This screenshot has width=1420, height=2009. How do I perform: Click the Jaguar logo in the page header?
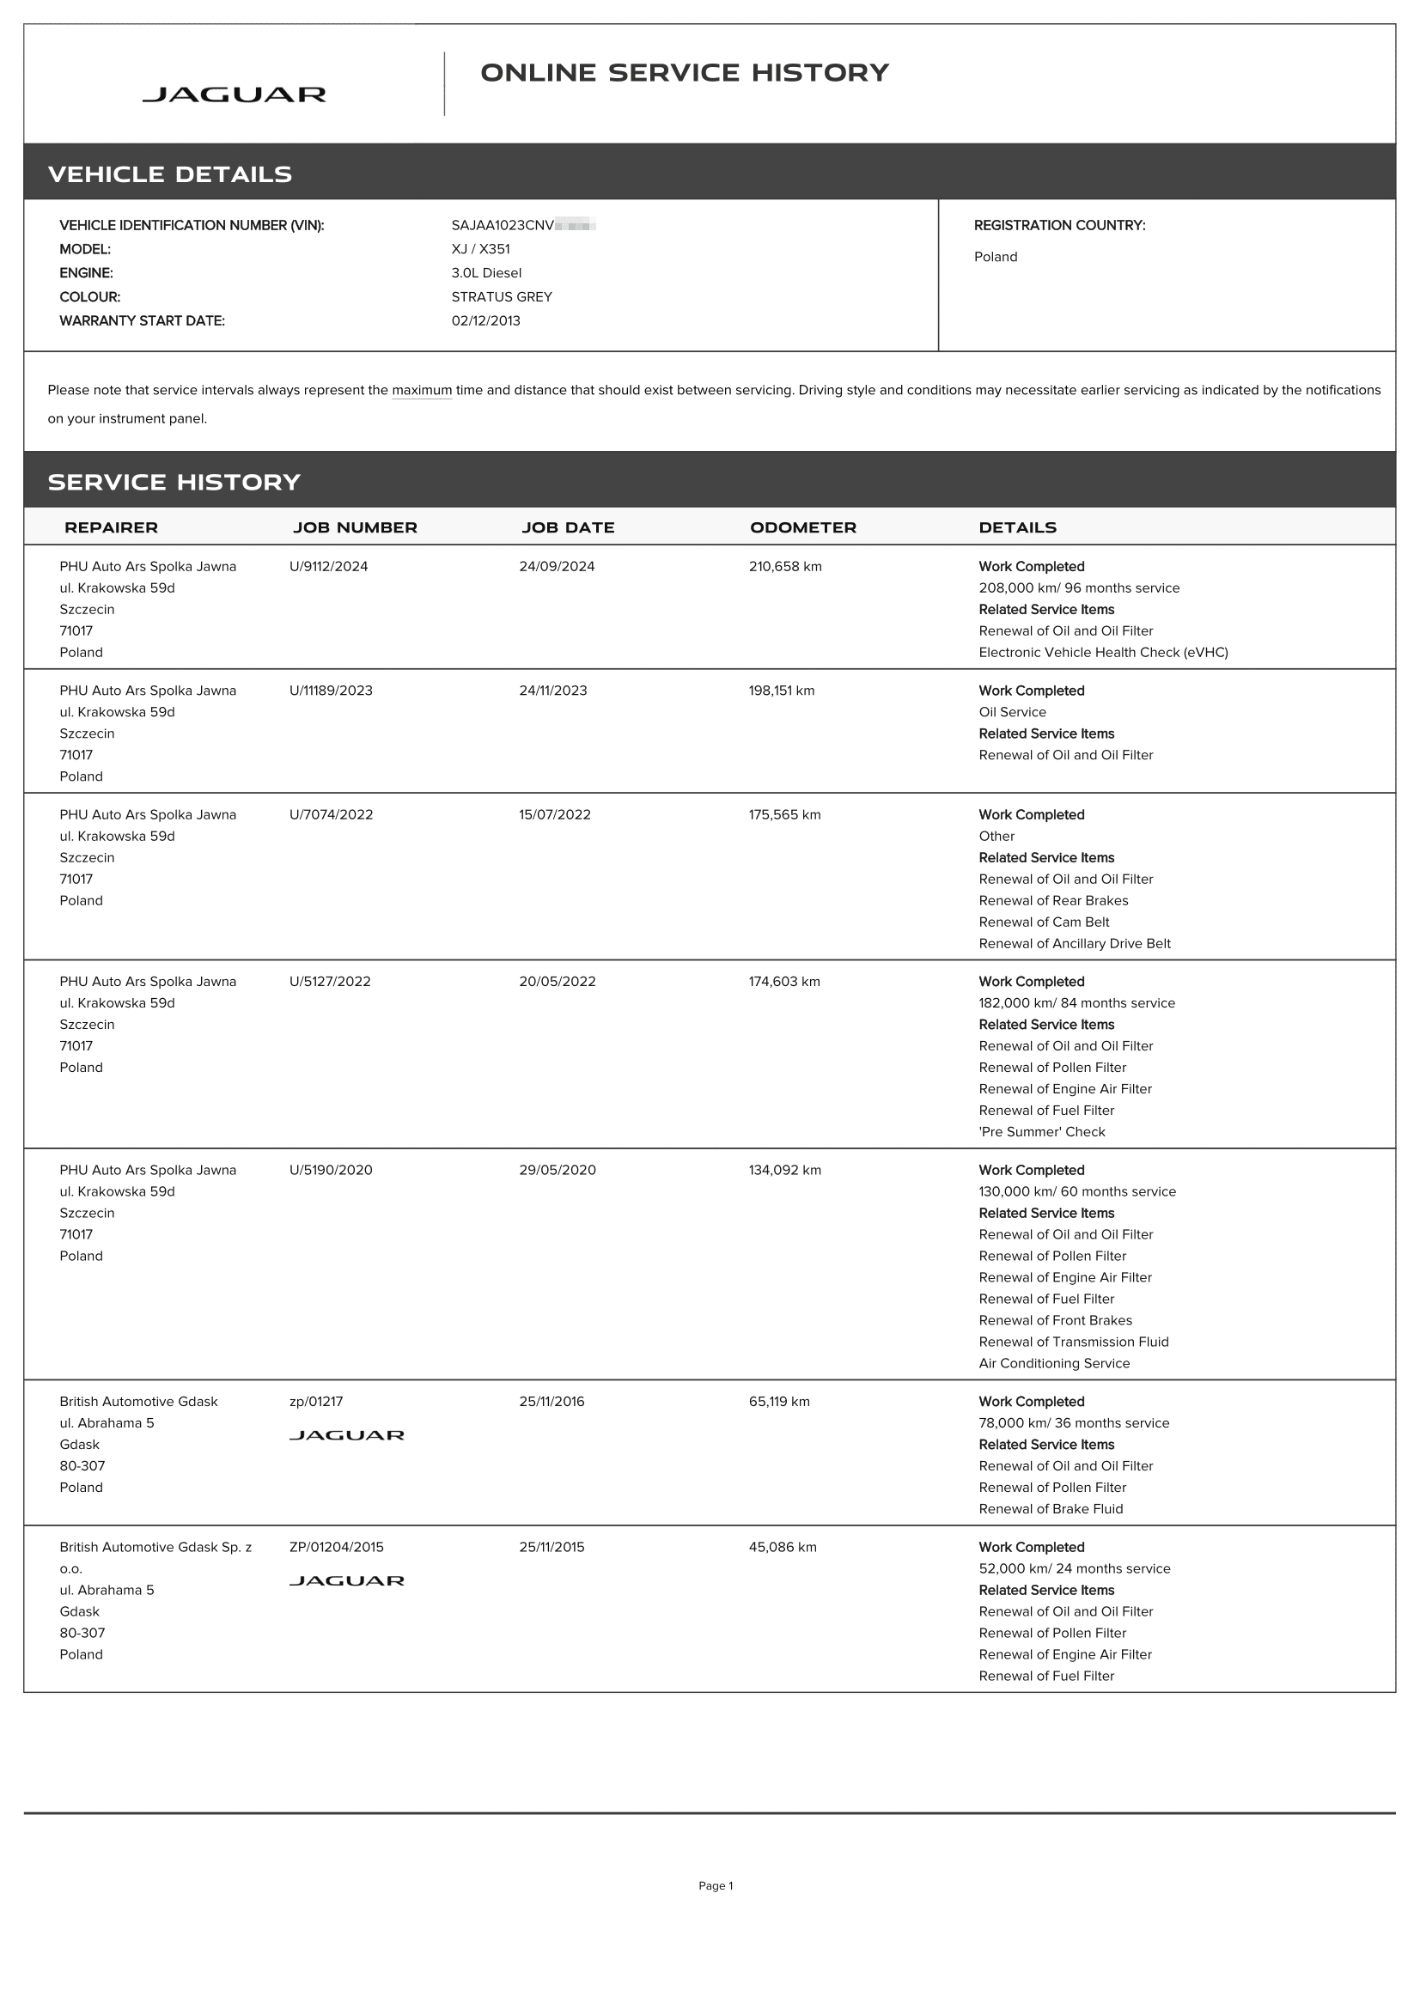pyautogui.click(x=234, y=94)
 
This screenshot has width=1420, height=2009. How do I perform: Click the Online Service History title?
pyautogui.click(x=684, y=73)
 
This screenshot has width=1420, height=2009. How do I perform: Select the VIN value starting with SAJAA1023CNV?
pyautogui.click(x=523, y=225)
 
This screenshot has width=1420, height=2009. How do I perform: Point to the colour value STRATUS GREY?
pyautogui.click(x=502, y=296)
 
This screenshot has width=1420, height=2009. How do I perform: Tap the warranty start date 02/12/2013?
pyautogui.click(x=485, y=320)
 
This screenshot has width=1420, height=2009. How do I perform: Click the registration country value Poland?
pyautogui.click(x=995, y=256)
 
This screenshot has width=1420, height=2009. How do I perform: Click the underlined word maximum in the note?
pyautogui.click(x=422, y=390)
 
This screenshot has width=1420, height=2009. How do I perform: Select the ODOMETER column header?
pyautogui.click(x=802, y=527)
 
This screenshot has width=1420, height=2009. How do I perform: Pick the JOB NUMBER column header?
pyautogui.click(x=354, y=527)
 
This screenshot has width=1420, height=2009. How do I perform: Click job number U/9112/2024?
pyautogui.click(x=328, y=566)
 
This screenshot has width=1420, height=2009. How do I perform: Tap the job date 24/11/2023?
pyautogui.click(x=553, y=691)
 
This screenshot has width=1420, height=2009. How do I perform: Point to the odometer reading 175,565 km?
pyautogui.click(x=784, y=814)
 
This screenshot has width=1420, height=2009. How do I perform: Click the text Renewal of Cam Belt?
pyautogui.click(x=1043, y=922)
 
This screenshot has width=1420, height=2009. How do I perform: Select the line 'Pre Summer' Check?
pyautogui.click(x=1041, y=1131)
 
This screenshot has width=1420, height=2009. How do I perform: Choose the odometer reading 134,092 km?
pyautogui.click(x=784, y=1170)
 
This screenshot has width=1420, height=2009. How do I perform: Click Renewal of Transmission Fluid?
pyautogui.click(x=1073, y=1342)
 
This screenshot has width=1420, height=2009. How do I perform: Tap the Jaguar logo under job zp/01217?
pyautogui.click(x=346, y=1435)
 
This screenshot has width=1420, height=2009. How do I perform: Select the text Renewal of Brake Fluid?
pyautogui.click(x=1050, y=1508)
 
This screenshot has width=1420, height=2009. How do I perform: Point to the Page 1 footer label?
pyautogui.click(x=715, y=1885)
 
